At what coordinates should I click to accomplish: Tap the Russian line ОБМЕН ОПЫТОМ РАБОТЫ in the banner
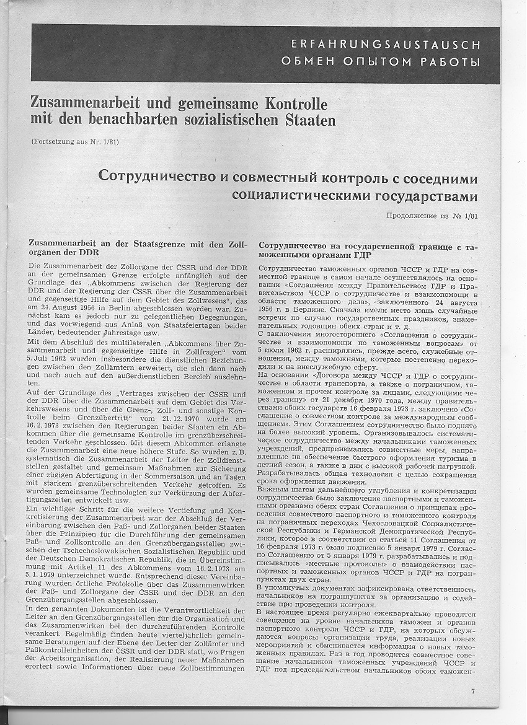pos(381,61)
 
